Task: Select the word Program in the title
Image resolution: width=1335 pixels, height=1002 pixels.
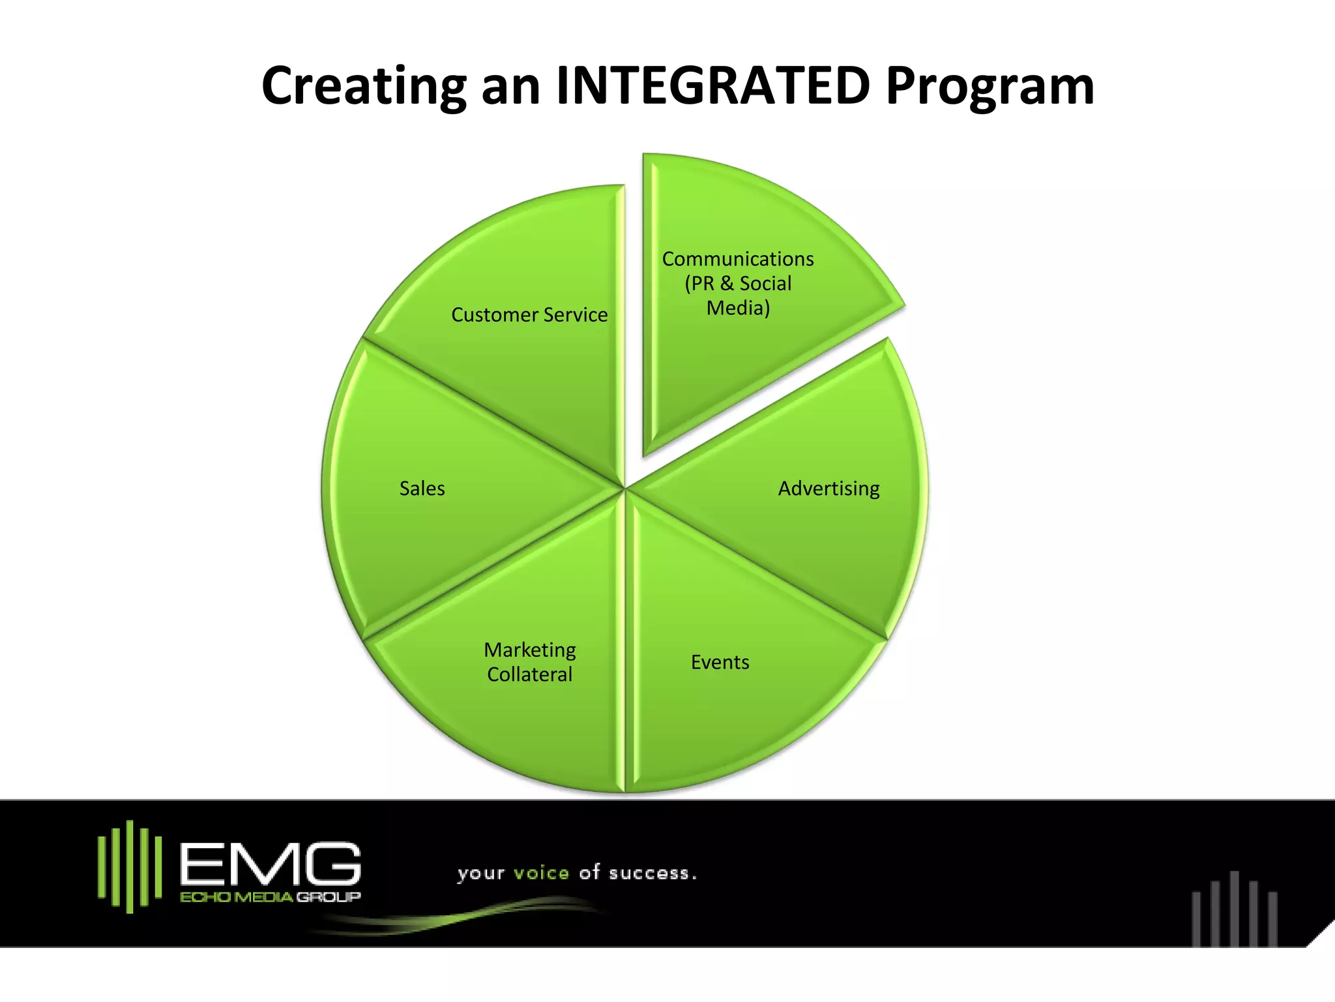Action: point(990,87)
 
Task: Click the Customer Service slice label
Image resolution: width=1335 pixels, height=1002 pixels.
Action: point(529,315)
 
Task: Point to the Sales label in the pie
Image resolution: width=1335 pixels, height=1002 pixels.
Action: point(422,489)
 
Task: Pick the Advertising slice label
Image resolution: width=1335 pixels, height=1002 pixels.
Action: point(829,489)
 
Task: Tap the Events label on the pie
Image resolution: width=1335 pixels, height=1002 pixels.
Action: point(720,662)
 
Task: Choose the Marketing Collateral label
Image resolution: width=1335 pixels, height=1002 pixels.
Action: point(529,661)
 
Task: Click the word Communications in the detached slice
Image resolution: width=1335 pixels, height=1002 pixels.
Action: point(738,259)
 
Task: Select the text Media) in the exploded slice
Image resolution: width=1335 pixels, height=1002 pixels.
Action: point(738,308)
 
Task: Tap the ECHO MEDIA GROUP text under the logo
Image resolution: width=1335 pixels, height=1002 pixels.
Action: point(270,897)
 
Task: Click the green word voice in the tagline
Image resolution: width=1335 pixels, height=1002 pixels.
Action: point(541,873)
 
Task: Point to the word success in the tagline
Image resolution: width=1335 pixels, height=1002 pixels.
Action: point(651,873)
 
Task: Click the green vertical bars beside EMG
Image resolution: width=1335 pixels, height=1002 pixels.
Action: point(130,866)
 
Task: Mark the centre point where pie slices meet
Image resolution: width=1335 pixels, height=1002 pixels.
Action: point(624,487)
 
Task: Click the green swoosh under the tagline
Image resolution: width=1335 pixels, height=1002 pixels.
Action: point(456,917)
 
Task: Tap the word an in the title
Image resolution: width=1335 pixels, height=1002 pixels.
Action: point(510,87)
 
